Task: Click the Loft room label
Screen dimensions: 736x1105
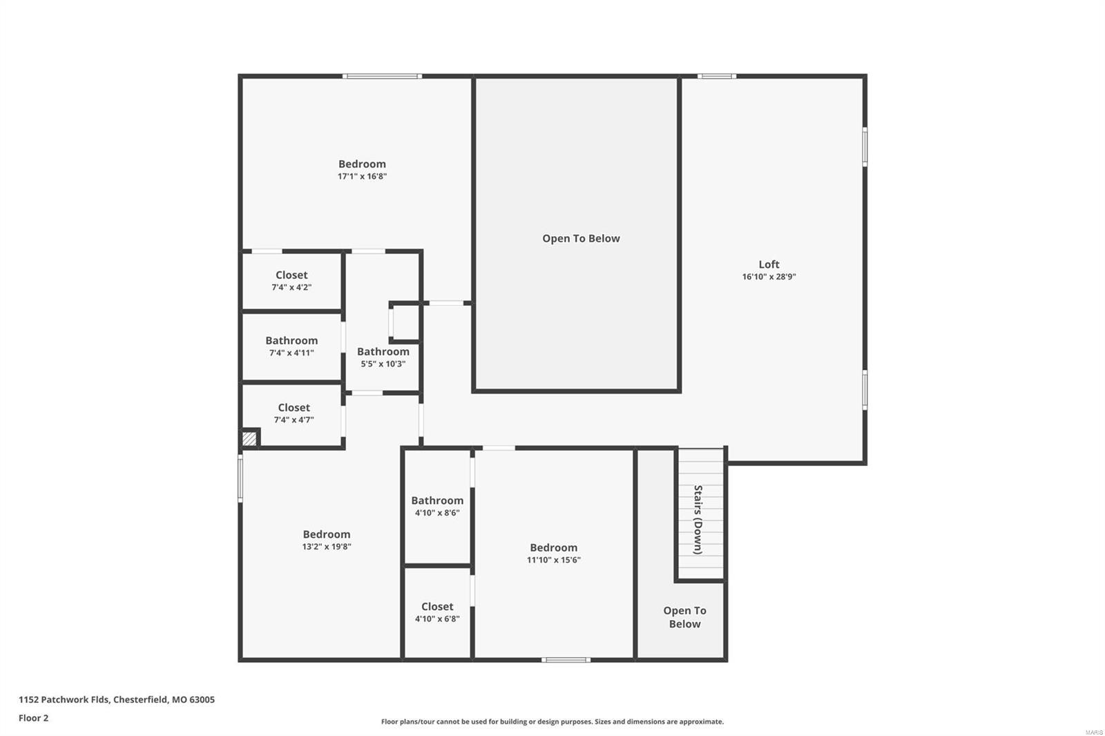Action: (769, 264)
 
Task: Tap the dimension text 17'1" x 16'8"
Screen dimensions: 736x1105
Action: (362, 177)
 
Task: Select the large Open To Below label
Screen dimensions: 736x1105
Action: (581, 239)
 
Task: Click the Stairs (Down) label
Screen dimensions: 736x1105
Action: (698, 519)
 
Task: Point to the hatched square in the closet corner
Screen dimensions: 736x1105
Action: (249, 438)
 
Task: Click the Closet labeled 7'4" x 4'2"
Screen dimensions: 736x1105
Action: (291, 275)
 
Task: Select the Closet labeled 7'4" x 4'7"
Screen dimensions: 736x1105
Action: (294, 408)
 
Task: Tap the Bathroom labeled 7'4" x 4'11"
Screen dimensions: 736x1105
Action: (291, 341)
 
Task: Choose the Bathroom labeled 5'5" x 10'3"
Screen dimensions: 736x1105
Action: (383, 352)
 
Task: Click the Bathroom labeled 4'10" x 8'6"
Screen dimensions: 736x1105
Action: (437, 501)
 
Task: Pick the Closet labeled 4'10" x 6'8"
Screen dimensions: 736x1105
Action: (437, 607)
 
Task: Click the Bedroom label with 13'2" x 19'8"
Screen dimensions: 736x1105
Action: (326, 534)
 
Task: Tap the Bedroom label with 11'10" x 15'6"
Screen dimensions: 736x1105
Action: (553, 548)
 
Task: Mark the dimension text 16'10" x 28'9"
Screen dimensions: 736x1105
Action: (769, 277)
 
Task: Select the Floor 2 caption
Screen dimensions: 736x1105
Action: (33, 718)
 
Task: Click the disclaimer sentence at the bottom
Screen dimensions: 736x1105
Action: (552, 722)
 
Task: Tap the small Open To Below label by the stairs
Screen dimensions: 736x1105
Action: (684, 617)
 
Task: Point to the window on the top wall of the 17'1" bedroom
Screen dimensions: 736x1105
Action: (382, 76)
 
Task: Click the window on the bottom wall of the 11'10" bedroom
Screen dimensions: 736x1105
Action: (566, 660)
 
